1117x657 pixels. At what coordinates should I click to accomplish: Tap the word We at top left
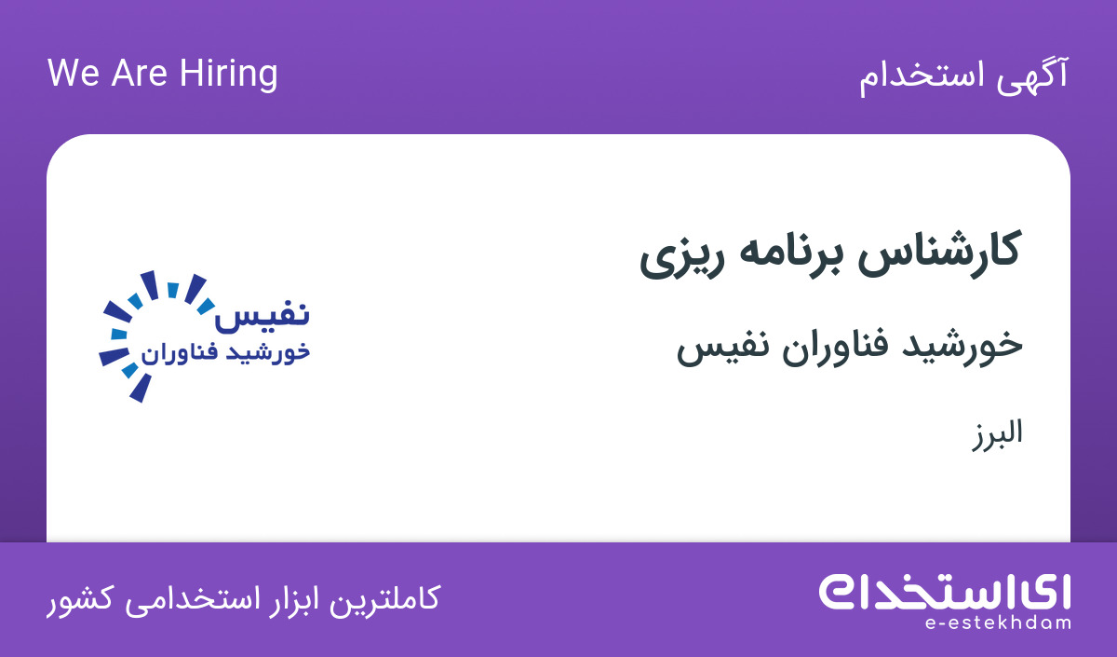tap(74, 74)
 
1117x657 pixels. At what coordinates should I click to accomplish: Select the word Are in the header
tap(139, 74)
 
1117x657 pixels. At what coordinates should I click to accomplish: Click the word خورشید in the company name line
tap(962, 347)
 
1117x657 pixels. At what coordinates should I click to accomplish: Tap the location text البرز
tap(997, 434)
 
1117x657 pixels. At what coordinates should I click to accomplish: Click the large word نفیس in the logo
tap(262, 315)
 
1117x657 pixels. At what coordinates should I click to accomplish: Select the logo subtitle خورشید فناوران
tap(225, 352)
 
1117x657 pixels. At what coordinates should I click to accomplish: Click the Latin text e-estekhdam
tap(998, 623)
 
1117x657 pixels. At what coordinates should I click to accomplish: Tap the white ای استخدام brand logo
tap(945, 592)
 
